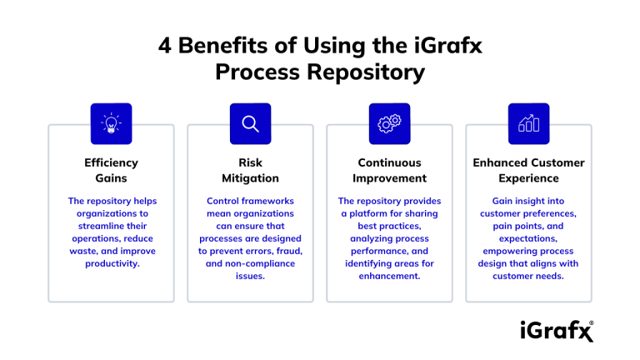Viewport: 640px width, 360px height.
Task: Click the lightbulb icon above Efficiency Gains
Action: [x=111, y=123]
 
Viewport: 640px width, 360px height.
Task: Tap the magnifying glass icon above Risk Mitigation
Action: [x=250, y=123]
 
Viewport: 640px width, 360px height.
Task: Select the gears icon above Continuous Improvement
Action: [x=389, y=123]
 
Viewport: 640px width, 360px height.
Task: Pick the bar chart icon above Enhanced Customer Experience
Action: [x=528, y=123]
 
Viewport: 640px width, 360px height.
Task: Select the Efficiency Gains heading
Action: [x=111, y=170]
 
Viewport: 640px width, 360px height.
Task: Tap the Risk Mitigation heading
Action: [x=250, y=170]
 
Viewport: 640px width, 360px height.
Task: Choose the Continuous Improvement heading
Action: [x=389, y=170]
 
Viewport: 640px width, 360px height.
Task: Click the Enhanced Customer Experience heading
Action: [x=528, y=170]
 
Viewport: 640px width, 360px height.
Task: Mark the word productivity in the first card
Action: [x=111, y=263]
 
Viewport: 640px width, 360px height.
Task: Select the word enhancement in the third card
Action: [x=389, y=276]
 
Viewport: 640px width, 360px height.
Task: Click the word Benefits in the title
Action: [x=221, y=46]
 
